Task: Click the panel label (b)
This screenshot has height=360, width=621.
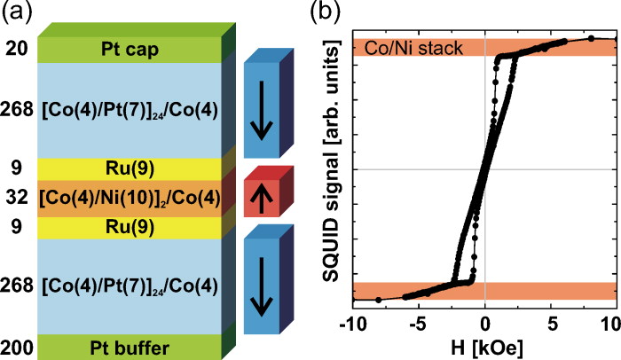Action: pos(323,14)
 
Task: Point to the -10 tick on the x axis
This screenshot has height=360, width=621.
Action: pos(353,319)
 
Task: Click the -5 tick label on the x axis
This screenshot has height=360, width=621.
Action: pos(418,319)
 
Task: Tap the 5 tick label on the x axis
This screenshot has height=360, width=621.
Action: pos(550,319)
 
